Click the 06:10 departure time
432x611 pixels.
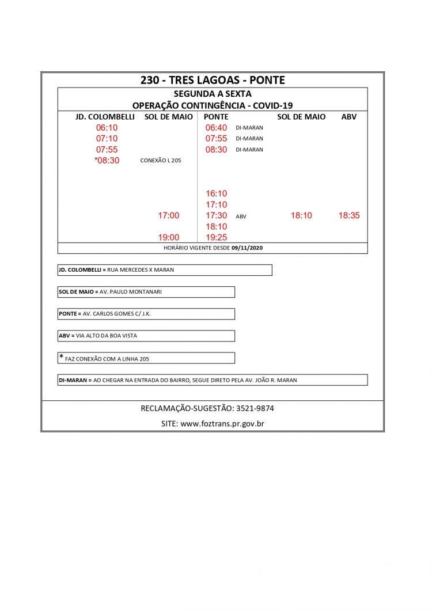107,127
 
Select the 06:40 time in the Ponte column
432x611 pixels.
217,127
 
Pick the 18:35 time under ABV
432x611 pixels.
349,215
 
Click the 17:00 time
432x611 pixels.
169,215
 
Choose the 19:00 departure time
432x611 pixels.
169,237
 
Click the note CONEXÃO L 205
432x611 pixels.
160,161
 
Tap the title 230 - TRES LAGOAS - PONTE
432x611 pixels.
213,80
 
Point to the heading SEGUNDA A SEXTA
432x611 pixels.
213,94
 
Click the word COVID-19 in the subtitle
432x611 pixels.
272,105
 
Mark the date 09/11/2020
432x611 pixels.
247,248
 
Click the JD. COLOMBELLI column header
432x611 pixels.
105,117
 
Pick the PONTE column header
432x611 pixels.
216,117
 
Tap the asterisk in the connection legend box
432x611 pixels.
61,358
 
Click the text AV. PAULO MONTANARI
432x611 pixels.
131,292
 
